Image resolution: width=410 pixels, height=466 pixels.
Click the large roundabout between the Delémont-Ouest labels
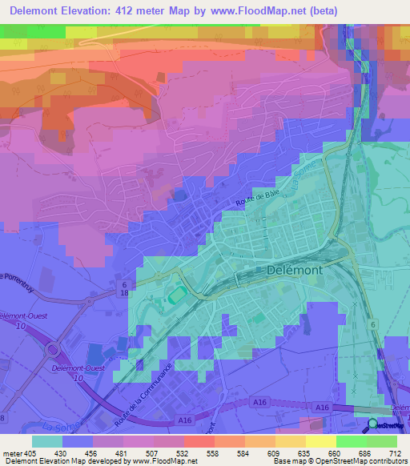pyautogui.click(x=54, y=349)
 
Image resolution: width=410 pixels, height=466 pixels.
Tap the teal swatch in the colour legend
pyautogui.click(x=47, y=441)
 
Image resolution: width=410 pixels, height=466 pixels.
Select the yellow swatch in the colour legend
pyautogui.click(x=321, y=441)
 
